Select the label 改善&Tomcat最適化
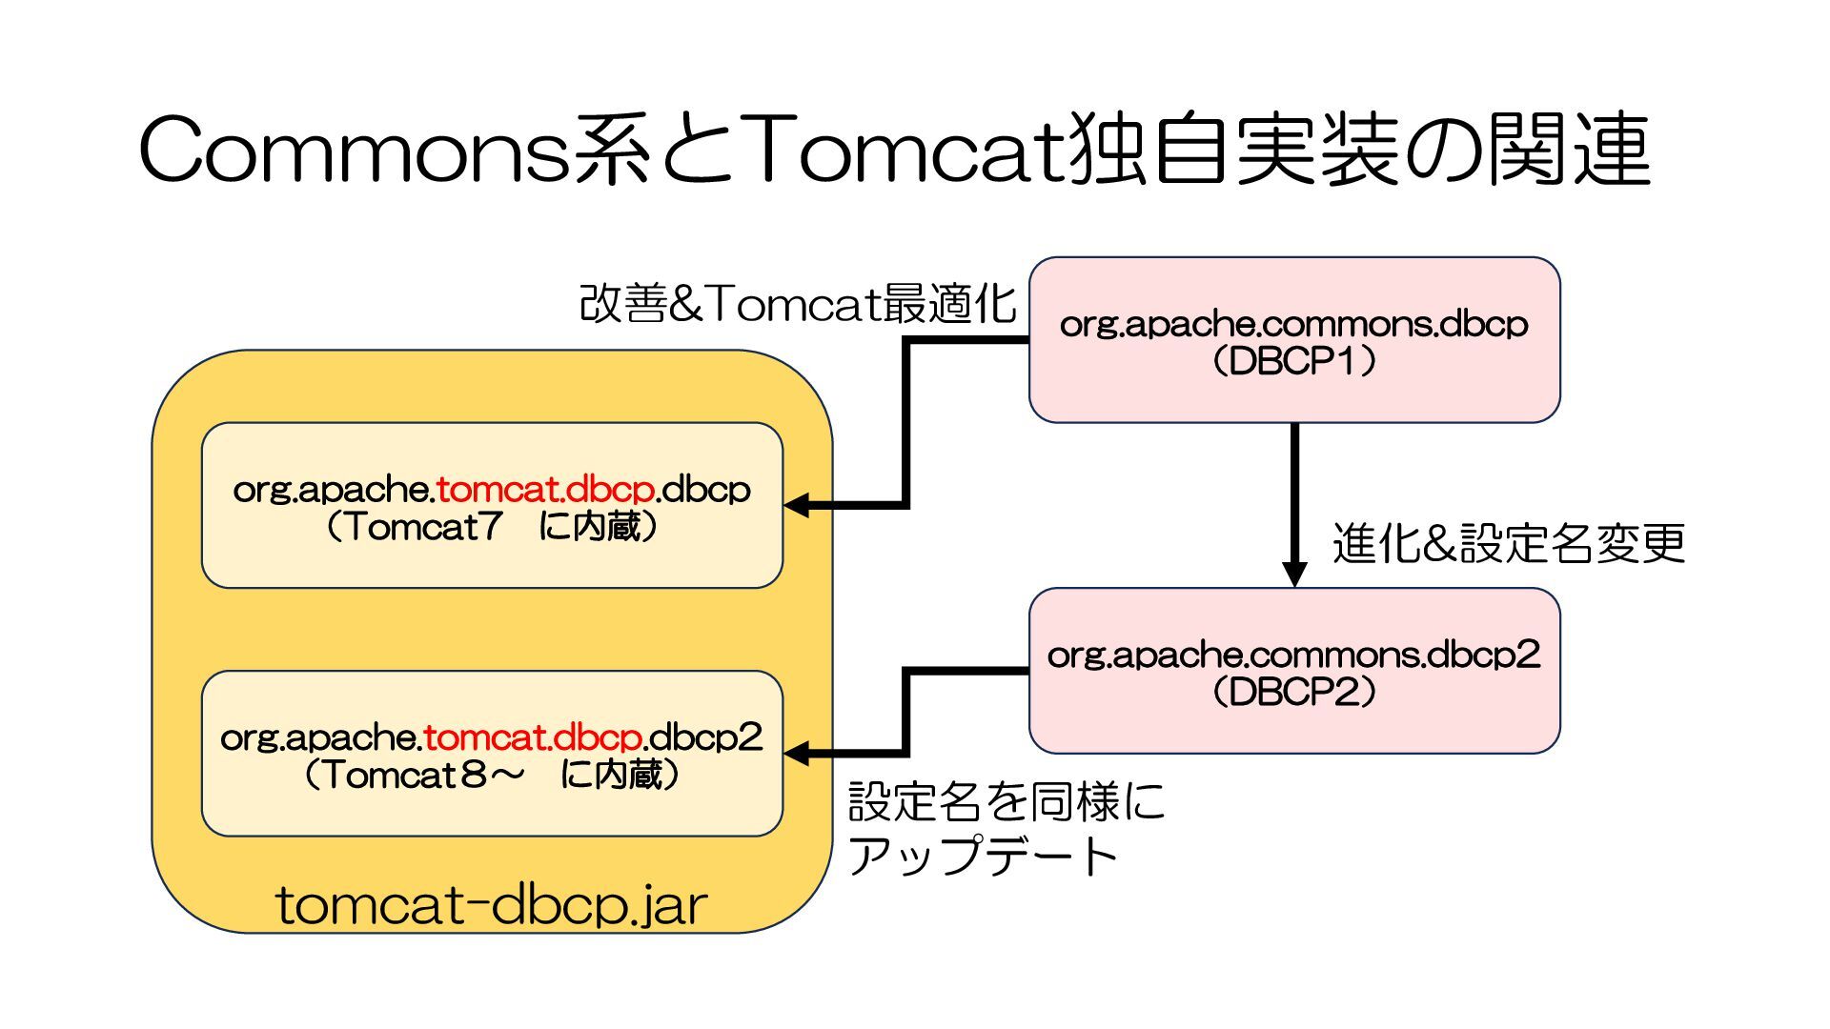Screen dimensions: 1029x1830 (x=798, y=304)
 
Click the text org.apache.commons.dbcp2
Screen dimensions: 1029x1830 (x=1293, y=655)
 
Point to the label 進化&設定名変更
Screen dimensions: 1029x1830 (x=1508, y=544)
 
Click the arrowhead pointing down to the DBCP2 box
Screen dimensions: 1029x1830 (x=1293, y=574)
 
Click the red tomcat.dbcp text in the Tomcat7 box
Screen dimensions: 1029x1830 (x=545, y=490)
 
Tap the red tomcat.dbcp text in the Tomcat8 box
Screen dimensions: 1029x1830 (x=533, y=737)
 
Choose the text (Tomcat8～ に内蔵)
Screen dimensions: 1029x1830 (x=492, y=775)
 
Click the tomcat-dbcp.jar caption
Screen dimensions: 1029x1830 (x=492, y=904)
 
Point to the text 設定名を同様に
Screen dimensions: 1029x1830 (x=1006, y=801)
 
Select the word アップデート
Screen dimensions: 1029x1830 (x=982, y=856)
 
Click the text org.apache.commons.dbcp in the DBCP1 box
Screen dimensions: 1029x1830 (x=1293, y=325)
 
